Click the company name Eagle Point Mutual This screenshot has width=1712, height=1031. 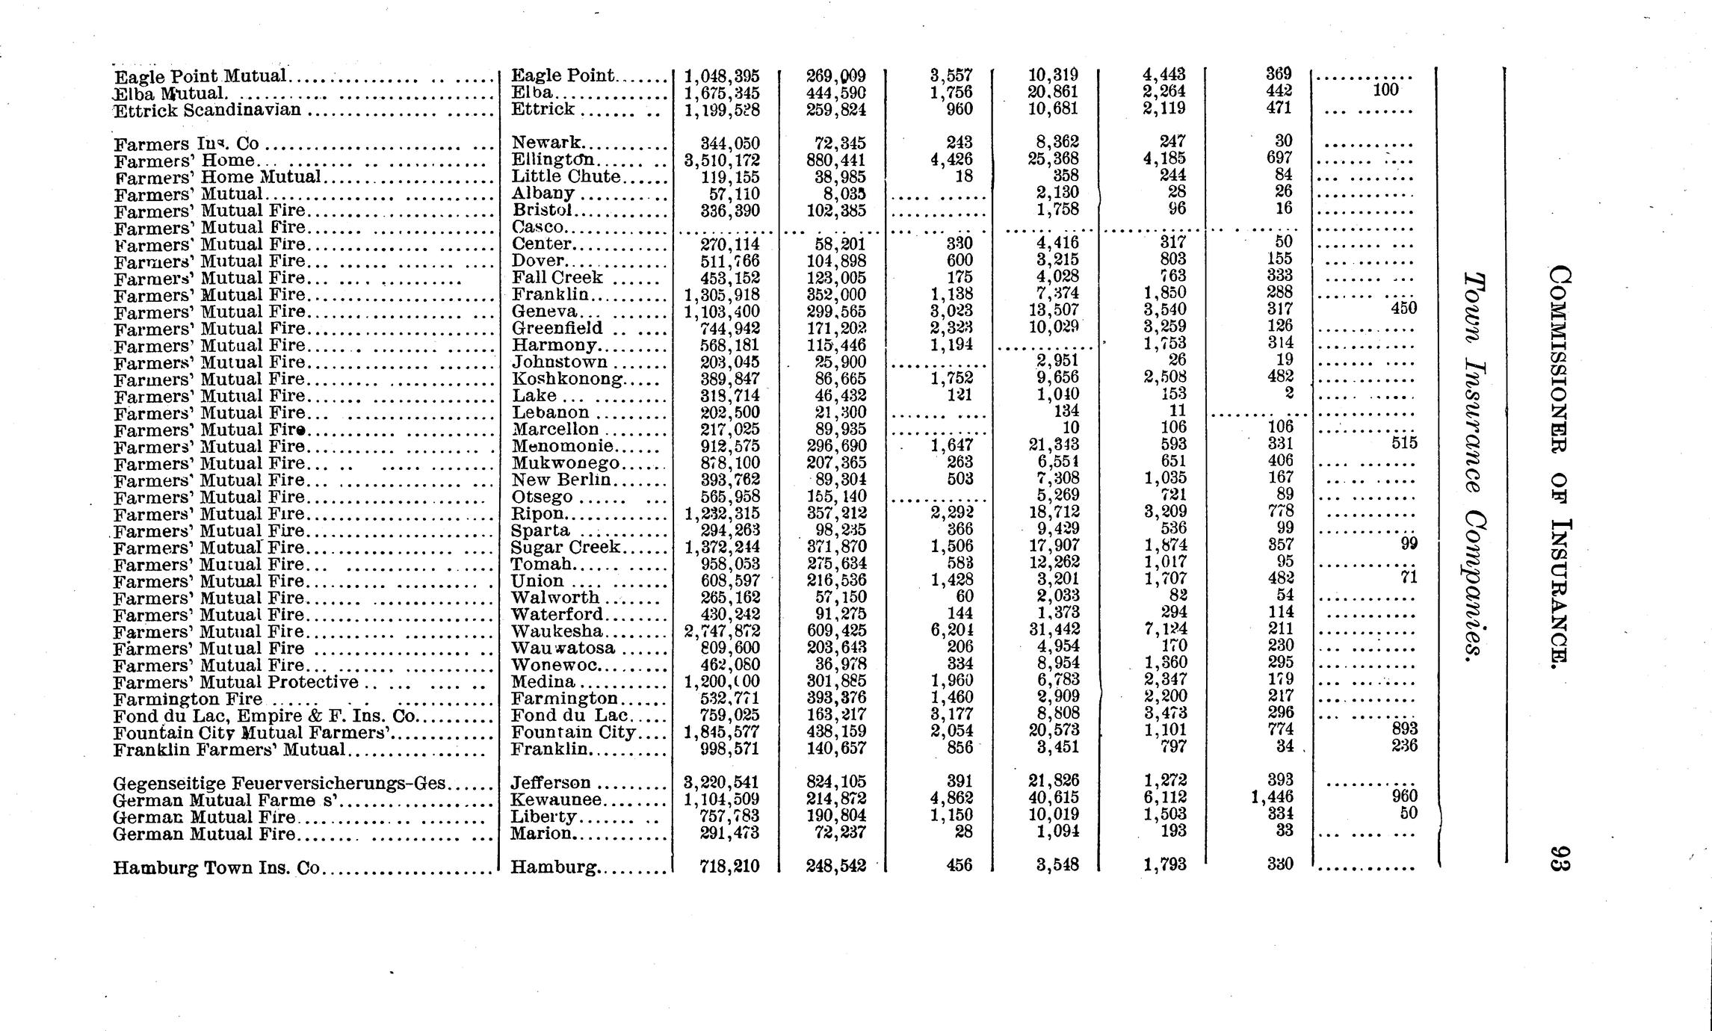201,76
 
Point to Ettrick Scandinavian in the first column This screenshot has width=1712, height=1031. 208,111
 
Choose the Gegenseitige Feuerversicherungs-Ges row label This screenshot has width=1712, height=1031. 280,783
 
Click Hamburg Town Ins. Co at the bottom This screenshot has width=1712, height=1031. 217,868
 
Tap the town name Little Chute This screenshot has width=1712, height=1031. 566,176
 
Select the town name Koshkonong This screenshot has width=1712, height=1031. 568,379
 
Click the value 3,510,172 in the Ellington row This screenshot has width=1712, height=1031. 722,160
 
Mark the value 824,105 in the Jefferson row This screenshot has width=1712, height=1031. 836,782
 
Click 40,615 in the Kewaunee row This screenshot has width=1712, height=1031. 1054,799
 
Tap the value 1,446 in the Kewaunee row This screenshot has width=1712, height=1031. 1273,797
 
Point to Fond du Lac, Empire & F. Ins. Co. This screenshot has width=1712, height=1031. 265,716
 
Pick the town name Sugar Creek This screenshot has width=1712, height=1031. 566,547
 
